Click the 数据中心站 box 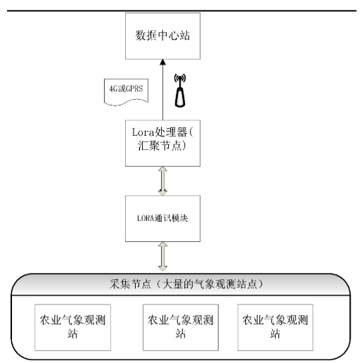162,36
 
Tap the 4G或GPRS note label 126,92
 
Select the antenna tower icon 180,91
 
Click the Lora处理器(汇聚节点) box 162,144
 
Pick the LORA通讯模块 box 162,219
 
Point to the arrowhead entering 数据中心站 162,62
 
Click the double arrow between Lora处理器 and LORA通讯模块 162,181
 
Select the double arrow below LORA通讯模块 162,257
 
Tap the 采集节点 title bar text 186,284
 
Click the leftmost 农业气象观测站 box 72,327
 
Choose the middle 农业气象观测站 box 181,327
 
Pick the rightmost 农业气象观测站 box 276,327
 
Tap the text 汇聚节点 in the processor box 160,146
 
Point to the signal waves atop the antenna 180,78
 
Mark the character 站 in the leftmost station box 72,333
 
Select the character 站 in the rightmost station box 275,333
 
